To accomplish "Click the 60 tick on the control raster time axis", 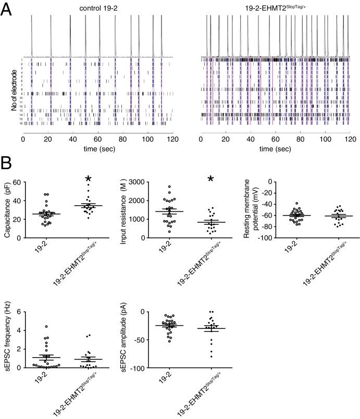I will pyautogui.click(x=98, y=140).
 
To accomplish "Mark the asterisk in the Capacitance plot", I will pyautogui.click(x=88, y=180).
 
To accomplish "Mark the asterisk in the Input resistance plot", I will pyautogui.click(x=210, y=180).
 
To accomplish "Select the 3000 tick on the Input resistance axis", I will pyautogui.click(x=152, y=182).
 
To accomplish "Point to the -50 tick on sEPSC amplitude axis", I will pyautogui.click(x=152, y=340).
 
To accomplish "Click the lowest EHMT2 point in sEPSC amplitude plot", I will pyautogui.click(x=211, y=357).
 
